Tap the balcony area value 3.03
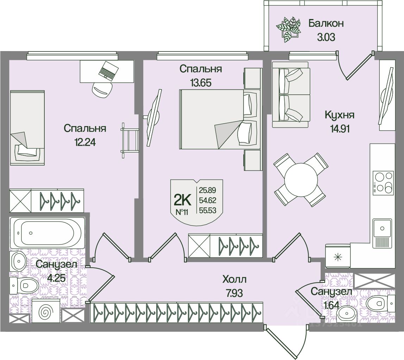coord(326,37)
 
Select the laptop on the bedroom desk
coord(108,70)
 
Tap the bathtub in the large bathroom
coord(48,232)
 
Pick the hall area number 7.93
coord(235,293)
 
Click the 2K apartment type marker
coord(182,200)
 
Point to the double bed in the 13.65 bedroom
coord(220,119)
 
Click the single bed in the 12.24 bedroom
coord(27,127)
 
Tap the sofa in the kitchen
coord(291,94)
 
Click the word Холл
coord(234,280)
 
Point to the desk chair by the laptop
coord(102,89)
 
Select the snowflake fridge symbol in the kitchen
coord(337,257)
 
